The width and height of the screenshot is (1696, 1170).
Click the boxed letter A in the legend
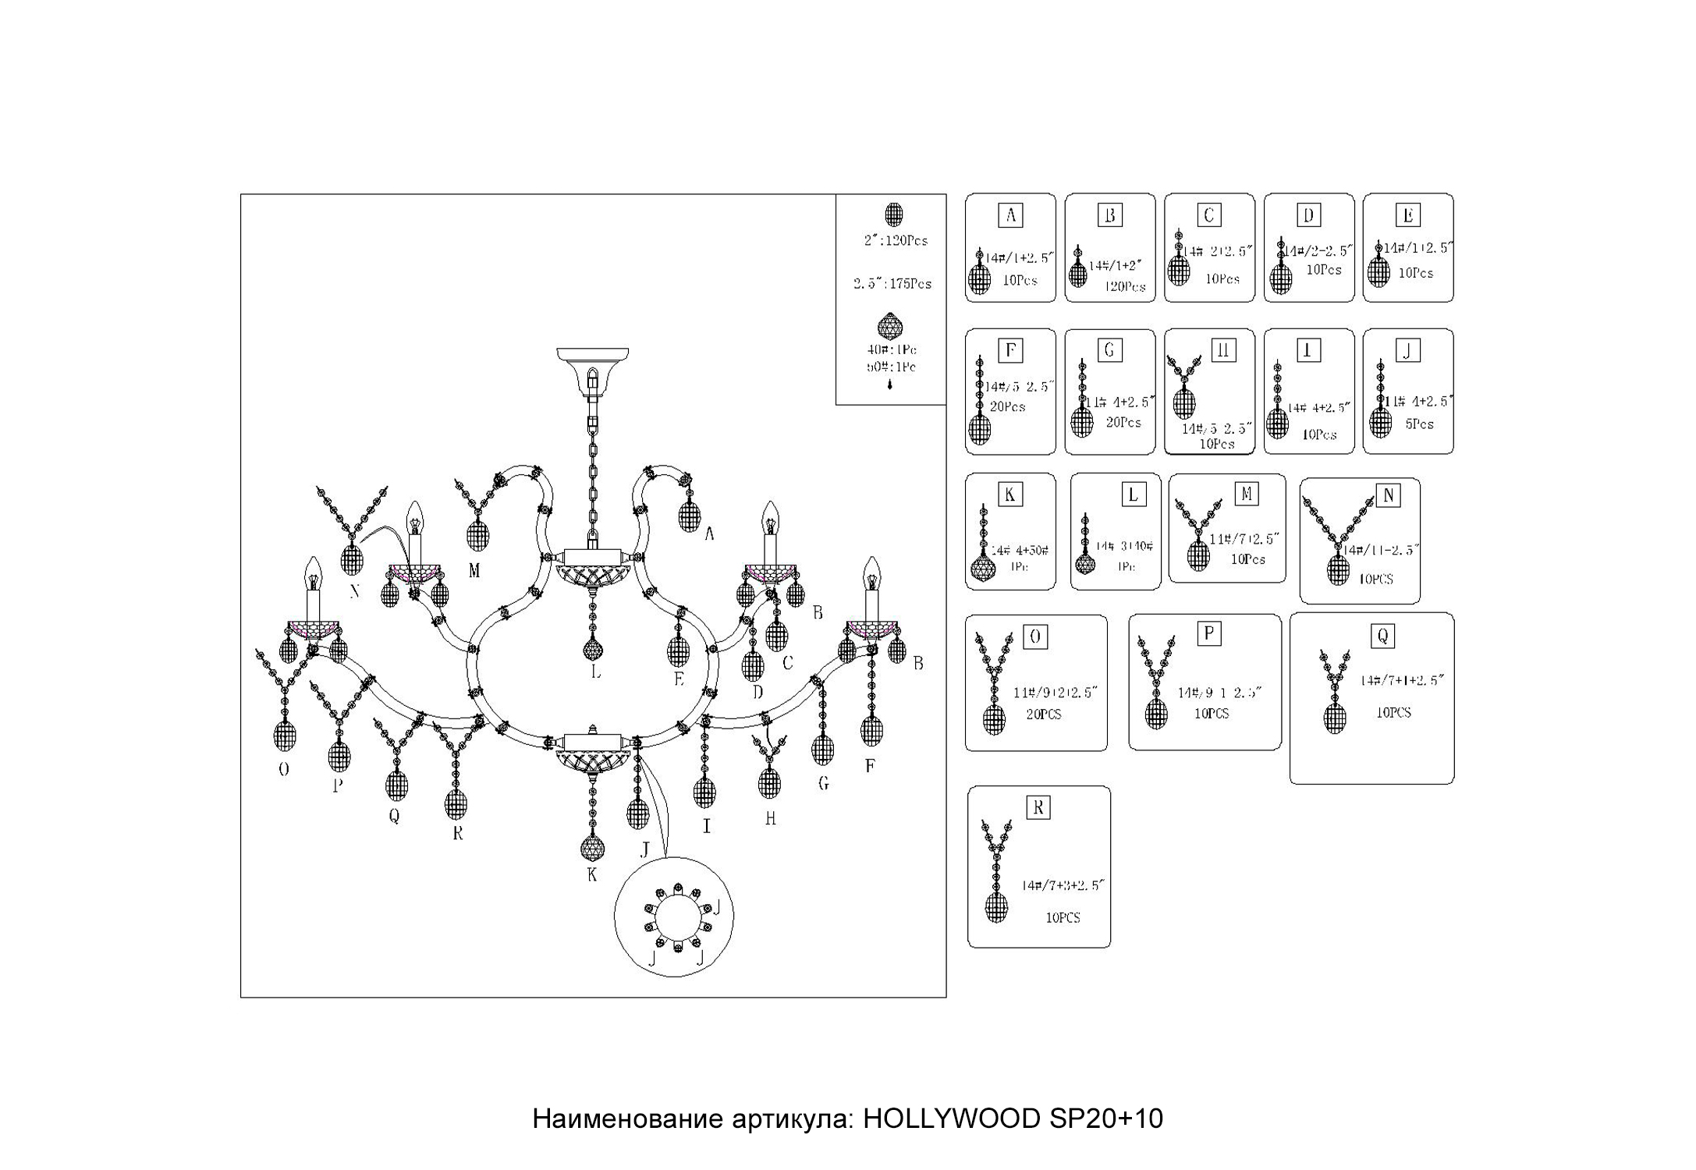click(x=1010, y=215)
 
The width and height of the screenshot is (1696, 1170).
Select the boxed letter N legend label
click(x=1388, y=496)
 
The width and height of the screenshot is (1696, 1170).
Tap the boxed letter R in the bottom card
click(x=1038, y=808)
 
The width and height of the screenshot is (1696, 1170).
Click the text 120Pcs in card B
click(x=1125, y=287)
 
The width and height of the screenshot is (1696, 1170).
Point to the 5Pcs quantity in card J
click(x=1419, y=424)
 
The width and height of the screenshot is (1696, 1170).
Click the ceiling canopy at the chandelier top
click(x=592, y=361)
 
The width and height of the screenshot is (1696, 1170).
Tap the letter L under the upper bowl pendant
click(x=595, y=672)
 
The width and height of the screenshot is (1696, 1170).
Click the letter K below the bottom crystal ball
click(x=592, y=874)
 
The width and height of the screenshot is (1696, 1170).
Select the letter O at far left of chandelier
click(x=284, y=770)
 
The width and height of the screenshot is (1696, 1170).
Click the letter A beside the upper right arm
click(x=709, y=534)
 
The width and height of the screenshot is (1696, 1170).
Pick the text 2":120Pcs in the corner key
click(x=896, y=241)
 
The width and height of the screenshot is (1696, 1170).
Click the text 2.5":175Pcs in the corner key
click(x=892, y=284)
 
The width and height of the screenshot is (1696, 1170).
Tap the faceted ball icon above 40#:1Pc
click(x=890, y=326)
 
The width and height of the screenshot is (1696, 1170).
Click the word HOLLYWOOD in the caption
click(x=951, y=1119)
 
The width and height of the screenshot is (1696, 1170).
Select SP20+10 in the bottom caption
click(x=1106, y=1119)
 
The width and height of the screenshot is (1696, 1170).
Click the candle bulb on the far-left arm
click(x=313, y=574)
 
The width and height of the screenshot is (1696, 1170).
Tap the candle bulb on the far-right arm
click(x=871, y=574)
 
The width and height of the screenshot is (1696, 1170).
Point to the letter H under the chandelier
click(x=770, y=818)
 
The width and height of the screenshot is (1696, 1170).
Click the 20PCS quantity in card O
click(x=1044, y=714)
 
